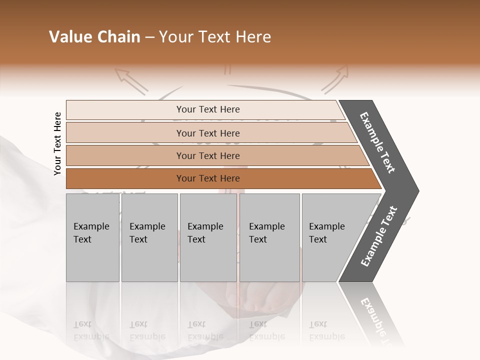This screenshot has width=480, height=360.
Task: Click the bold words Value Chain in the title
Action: (x=94, y=37)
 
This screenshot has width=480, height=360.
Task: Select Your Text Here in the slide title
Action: (x=215, y=37)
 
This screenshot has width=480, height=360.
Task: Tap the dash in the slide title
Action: (x=149, y=37)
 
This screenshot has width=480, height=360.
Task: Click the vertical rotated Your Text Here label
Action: (x=57, y=143)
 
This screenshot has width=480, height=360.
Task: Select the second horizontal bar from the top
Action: (x=207, y=133)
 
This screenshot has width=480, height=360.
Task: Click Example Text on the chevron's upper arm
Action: (x=378, y=142)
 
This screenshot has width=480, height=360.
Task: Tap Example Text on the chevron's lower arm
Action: (x=379, y=236)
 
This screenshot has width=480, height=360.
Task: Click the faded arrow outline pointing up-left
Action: (x=131, y=81)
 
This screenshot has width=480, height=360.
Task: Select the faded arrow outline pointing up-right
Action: (x=335, y=80)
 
